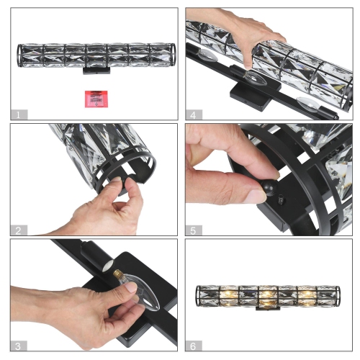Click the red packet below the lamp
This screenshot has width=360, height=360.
tap(91, 97)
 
